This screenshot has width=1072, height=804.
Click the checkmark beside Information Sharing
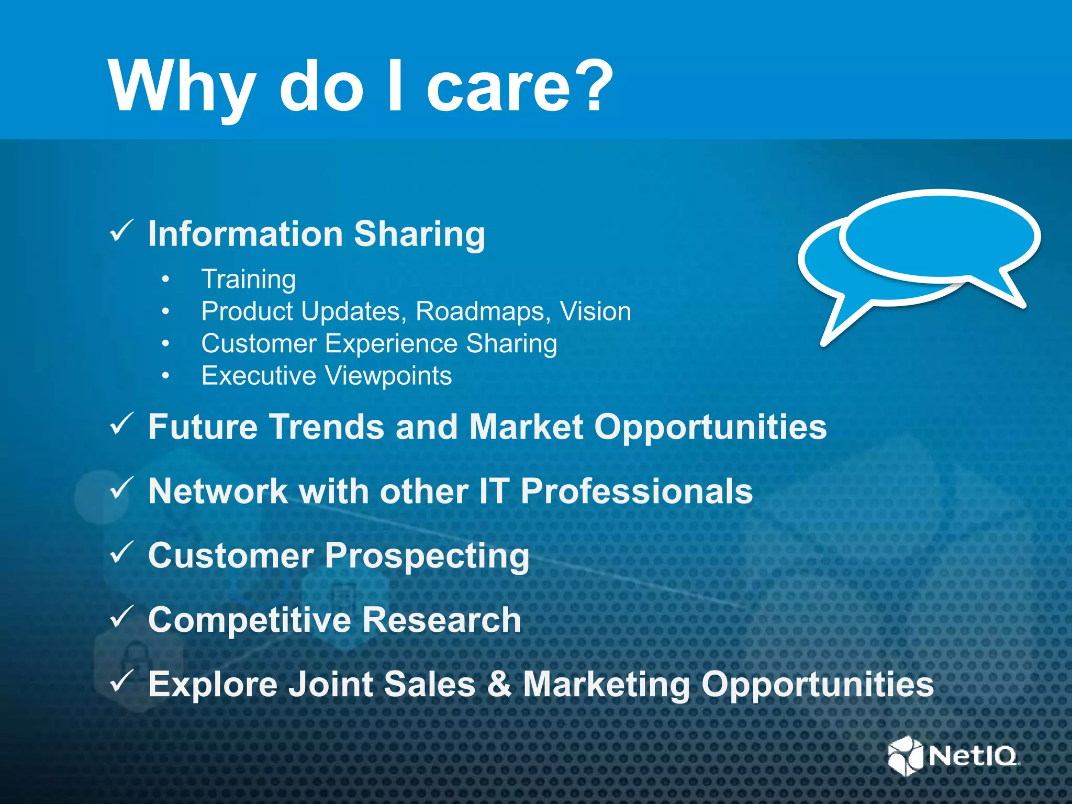coord(121,231)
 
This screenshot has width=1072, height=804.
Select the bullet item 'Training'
coord(249,279)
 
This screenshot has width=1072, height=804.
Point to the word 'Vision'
coord(595,311)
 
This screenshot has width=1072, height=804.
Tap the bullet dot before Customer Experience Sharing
coord(166,344)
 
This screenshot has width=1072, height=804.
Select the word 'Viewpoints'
coord(388,376)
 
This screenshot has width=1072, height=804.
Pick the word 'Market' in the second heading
coord(526,427)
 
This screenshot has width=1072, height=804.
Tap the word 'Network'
coord(218,492)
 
